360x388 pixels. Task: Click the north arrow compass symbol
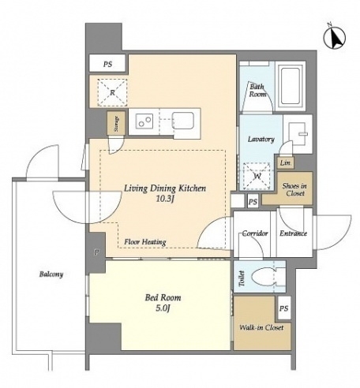[335, 38]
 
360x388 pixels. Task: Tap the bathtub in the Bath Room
[291, 86]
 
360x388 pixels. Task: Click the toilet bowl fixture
[263, 277]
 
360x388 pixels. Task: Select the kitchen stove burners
[144, 121]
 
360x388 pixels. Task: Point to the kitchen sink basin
[183, 121]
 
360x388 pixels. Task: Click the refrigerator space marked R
[112, 92]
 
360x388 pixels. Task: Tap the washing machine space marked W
[257, 176]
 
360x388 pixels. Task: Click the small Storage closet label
[116, 124]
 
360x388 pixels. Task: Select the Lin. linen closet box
[285, 163]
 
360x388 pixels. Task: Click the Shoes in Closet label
[294, 189]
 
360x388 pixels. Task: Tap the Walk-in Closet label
[261, 327]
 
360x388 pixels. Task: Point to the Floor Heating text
[145, 242]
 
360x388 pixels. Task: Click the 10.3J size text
[165, 199]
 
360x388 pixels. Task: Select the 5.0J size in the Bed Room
[163, 308]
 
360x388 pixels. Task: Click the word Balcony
[51, 274]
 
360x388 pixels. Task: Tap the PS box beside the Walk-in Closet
[284, 308]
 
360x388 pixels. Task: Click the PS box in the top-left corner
[107, 64]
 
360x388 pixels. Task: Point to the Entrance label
[293, 233]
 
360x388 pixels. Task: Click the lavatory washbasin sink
[298, 134]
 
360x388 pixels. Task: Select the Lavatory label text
[261, 139]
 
